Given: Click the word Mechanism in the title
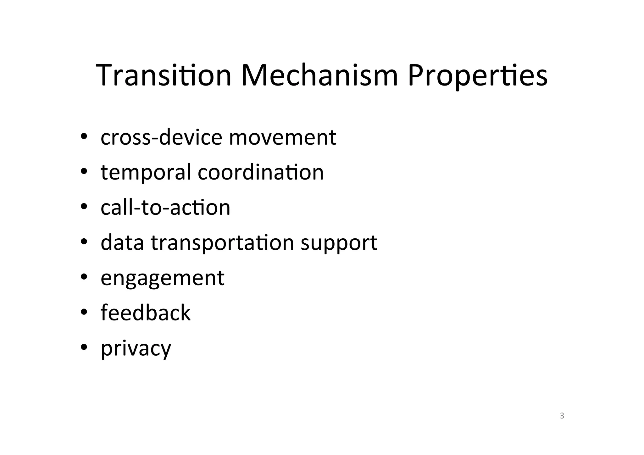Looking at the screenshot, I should (319, 75).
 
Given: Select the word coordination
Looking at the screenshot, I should (260, 172).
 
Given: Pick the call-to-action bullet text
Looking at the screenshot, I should (165, 208).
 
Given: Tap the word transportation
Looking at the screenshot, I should (222, 243).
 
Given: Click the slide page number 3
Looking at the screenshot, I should (562, 416).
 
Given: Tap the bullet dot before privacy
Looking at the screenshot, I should (84, 347).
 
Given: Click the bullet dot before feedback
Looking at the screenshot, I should (84, 312).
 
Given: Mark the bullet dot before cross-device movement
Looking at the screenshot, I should (84, 136).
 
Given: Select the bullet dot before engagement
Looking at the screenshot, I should (84, 277).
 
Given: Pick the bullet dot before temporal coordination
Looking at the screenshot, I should (84, 171).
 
